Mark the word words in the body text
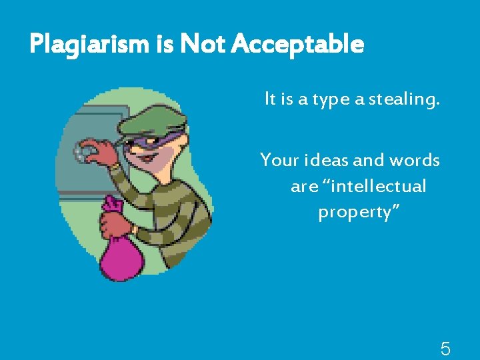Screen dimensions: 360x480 [414, 161]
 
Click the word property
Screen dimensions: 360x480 [357, 213]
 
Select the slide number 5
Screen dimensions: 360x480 [445, 348]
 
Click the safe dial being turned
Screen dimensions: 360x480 [86, 151]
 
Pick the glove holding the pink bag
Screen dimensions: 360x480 [117, 221]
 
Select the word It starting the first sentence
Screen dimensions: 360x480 [270, 100]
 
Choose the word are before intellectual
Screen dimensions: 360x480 [305, 187]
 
